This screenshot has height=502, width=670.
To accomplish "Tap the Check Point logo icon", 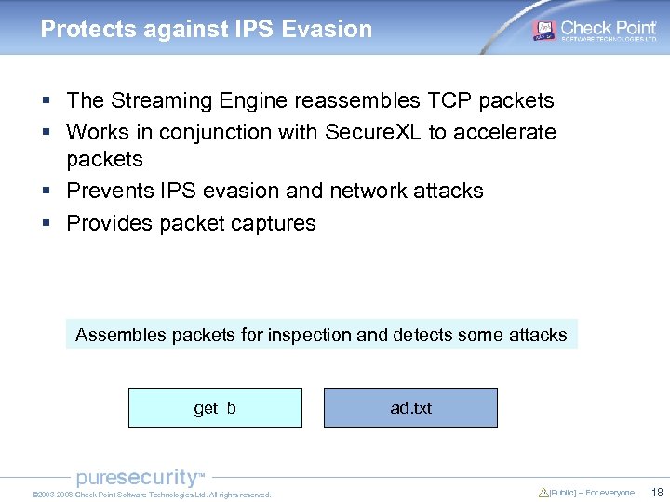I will [544, 30].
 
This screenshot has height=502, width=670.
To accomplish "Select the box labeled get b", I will [215, 408].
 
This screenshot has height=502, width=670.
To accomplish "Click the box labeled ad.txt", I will [410, 408].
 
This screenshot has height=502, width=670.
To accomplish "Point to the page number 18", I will [657, 493].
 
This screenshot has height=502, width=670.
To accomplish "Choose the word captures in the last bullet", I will [276, 223].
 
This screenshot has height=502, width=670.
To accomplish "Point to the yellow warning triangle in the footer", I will [543, 493].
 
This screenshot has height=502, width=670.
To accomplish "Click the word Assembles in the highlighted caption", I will [121, 335].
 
